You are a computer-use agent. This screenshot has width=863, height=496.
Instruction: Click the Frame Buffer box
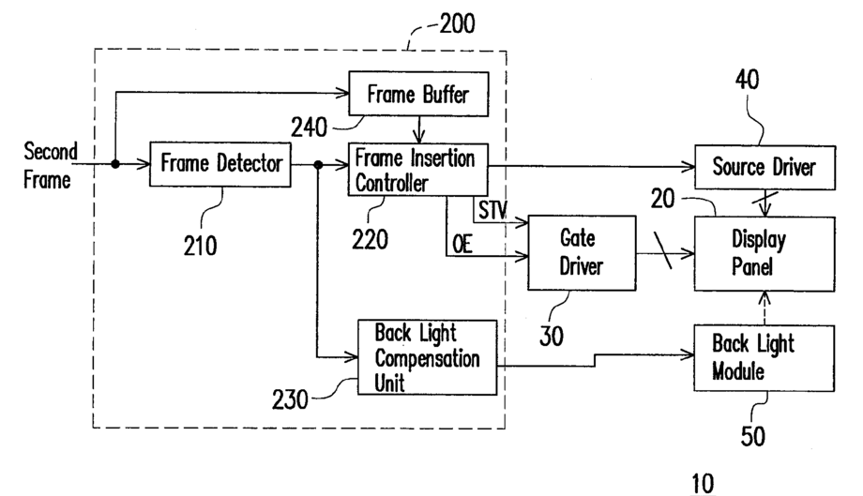(418, 94)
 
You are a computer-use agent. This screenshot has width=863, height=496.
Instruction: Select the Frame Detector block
(220, 164)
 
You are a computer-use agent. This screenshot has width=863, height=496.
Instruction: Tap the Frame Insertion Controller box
(417, 170)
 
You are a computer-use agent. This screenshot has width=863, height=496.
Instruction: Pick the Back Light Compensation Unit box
(427, 357)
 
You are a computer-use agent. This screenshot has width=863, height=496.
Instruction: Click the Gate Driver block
(582, 252)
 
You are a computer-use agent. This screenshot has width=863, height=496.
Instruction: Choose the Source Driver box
(765, 167)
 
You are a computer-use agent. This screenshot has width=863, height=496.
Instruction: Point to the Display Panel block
(765, 253)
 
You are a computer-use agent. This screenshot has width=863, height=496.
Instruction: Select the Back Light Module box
(764, 358)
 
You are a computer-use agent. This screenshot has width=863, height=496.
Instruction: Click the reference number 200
(457, 23)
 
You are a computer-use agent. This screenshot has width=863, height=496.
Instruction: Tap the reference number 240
(309, 128)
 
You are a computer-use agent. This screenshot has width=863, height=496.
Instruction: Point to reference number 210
(201, 246)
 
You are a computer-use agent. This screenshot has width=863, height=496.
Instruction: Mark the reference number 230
(290, 399)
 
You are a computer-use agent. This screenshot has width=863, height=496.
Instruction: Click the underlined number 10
(703, 484)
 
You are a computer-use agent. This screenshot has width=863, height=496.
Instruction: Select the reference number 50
(753, 437)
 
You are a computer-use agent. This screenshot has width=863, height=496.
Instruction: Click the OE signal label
(462, 244)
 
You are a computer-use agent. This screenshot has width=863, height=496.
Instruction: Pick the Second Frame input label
(50, 166)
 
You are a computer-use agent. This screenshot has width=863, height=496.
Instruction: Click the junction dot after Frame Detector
(318, 164)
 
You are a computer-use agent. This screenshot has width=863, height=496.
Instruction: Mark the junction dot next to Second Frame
(115, 164)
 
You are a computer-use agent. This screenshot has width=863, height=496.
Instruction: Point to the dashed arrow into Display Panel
(765, 308)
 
